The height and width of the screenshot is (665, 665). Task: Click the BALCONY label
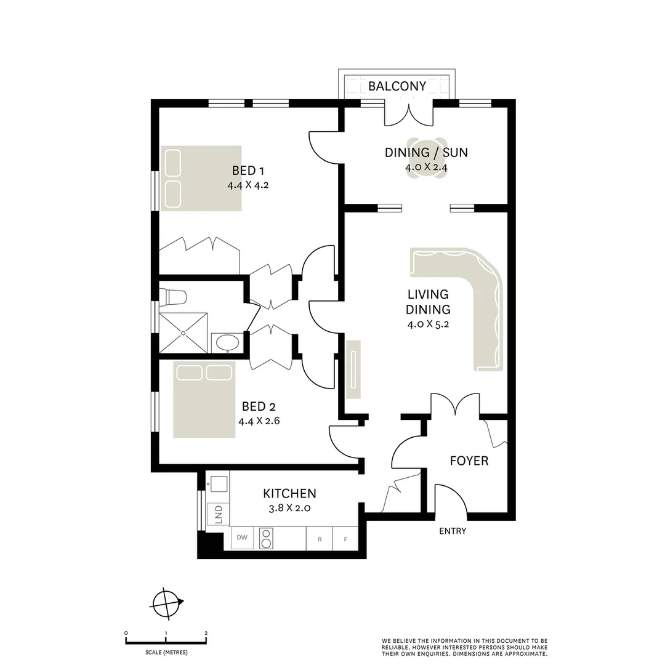(x=397, y=86)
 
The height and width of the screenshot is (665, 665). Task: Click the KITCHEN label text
(x=289, y=493)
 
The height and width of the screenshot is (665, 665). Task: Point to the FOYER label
(x=469, y=461)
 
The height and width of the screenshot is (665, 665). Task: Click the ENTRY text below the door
(x=453, y=531)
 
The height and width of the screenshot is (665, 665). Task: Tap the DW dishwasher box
(x=243, y=538)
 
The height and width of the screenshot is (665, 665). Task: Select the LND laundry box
(x=218, y=515)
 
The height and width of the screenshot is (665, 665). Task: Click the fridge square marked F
(x=345, y=539)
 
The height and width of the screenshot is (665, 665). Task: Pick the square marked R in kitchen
(x=320, y=539)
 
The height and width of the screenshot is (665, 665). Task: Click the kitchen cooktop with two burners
(x=267, y=538)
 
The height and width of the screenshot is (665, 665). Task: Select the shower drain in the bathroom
(x=183, y=332)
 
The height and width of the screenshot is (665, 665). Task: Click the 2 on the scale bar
(x=206, y=633)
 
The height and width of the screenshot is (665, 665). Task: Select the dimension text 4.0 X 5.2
(x=428, y=324)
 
